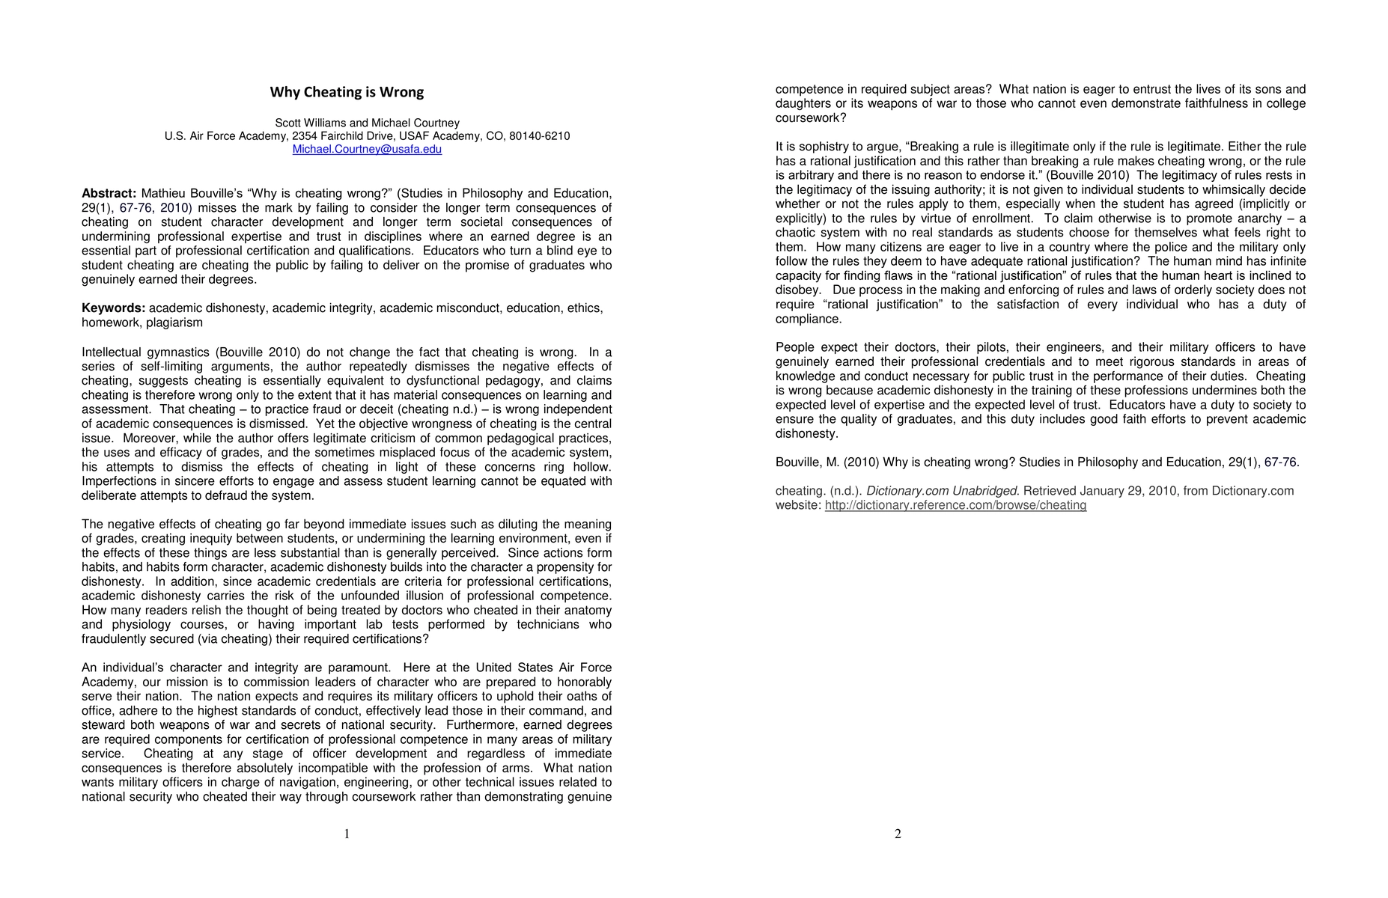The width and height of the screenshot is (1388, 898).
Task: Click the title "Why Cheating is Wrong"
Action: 347,93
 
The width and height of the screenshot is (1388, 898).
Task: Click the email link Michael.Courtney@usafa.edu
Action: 367,150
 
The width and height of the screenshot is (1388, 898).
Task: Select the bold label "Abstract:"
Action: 109,194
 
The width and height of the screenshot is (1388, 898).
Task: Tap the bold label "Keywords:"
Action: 113,308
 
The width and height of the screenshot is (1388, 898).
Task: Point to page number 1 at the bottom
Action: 347,834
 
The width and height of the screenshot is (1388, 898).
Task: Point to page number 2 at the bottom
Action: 898,834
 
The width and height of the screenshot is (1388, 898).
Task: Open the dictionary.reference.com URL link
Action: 955,506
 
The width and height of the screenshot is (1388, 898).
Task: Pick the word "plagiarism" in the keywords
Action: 174,323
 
